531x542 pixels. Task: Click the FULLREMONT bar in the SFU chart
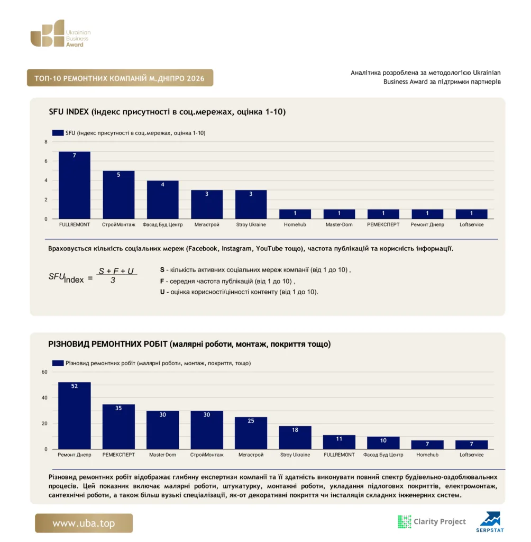[74, 185]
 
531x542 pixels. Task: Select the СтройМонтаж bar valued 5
[118, 195]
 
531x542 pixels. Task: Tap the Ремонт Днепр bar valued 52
[74, 415]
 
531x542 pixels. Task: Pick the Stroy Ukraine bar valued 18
[295, 438]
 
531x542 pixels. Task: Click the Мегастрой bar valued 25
[251, 433]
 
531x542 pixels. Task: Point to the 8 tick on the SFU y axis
[46, 142]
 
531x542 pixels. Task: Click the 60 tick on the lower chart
[44, 372]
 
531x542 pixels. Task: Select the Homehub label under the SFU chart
[295, 224]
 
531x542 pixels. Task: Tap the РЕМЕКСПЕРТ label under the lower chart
[118, 455]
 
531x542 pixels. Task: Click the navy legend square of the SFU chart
[58, 133]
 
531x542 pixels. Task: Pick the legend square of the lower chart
[58, 363]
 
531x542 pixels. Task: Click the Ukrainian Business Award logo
[60, 33]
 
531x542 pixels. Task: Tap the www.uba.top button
[84, 523]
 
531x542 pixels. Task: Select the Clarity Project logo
[432, 521]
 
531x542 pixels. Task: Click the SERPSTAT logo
[490, 522]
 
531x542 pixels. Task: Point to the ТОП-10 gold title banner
[120, 78]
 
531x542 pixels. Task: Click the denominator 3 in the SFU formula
[113, 281]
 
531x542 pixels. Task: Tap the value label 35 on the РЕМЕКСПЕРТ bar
[118, 408]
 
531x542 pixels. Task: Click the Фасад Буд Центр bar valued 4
[163, 200]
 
